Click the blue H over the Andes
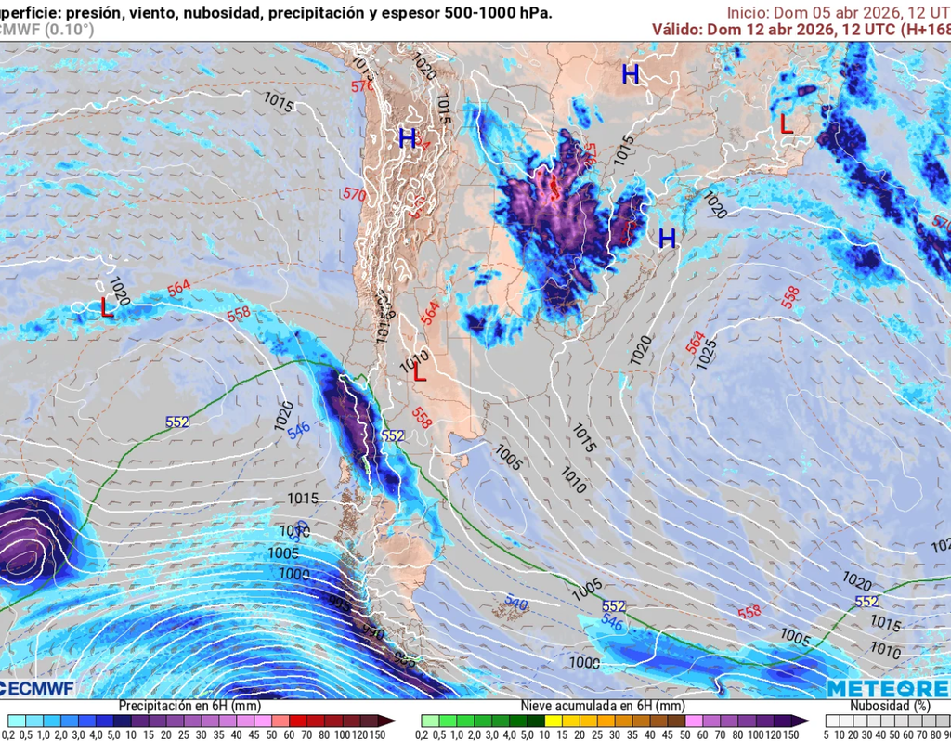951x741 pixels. click(407, 139)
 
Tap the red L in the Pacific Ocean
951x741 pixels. click(107, 308)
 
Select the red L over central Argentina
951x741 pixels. click(420, 373)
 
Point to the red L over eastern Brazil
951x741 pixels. click(787, 124)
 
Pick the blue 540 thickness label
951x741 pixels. click(516, 604)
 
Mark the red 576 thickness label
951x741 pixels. click(360, 86)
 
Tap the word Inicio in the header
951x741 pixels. click(748, 12)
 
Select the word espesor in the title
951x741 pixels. click(407, 12)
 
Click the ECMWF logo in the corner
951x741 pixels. click(37, 688)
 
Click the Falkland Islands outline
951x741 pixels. click(507, 608)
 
